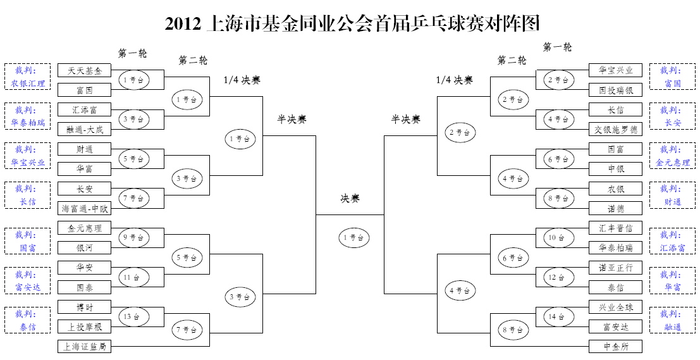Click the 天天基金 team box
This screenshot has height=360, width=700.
pyautogui.click(x=84, y=70)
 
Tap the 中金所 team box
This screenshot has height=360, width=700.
pyautogui.click(x=615, y=347)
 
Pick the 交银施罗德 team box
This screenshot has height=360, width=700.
pyautogui.click(x=615, y=130)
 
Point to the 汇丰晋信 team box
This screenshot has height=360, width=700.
pyautogui.click(x=615, y=228)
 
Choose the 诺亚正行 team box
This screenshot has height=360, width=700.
pyautogui.click(x=615, y=268)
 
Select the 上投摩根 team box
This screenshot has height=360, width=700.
pyautogui.click(x=84, y=326)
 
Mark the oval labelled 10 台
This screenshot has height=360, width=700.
pyautogui.click(x=558, y=238)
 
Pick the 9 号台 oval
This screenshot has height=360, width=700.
pyautogui.click(x=133, y=238)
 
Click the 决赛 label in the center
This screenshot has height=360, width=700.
pyautogui.click(x=350, y=199)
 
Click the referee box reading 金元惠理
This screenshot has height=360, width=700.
pyautogui.click(x=672, y=156)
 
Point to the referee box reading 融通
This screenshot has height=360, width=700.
pyautogui.click(x=672, y=321)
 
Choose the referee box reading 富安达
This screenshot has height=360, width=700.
pyautogui.click(x=28, y=282)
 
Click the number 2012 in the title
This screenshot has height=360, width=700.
pyautogui.click(x=182, y=24)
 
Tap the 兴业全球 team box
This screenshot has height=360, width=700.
pyautogui.click(x=615, y=307)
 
